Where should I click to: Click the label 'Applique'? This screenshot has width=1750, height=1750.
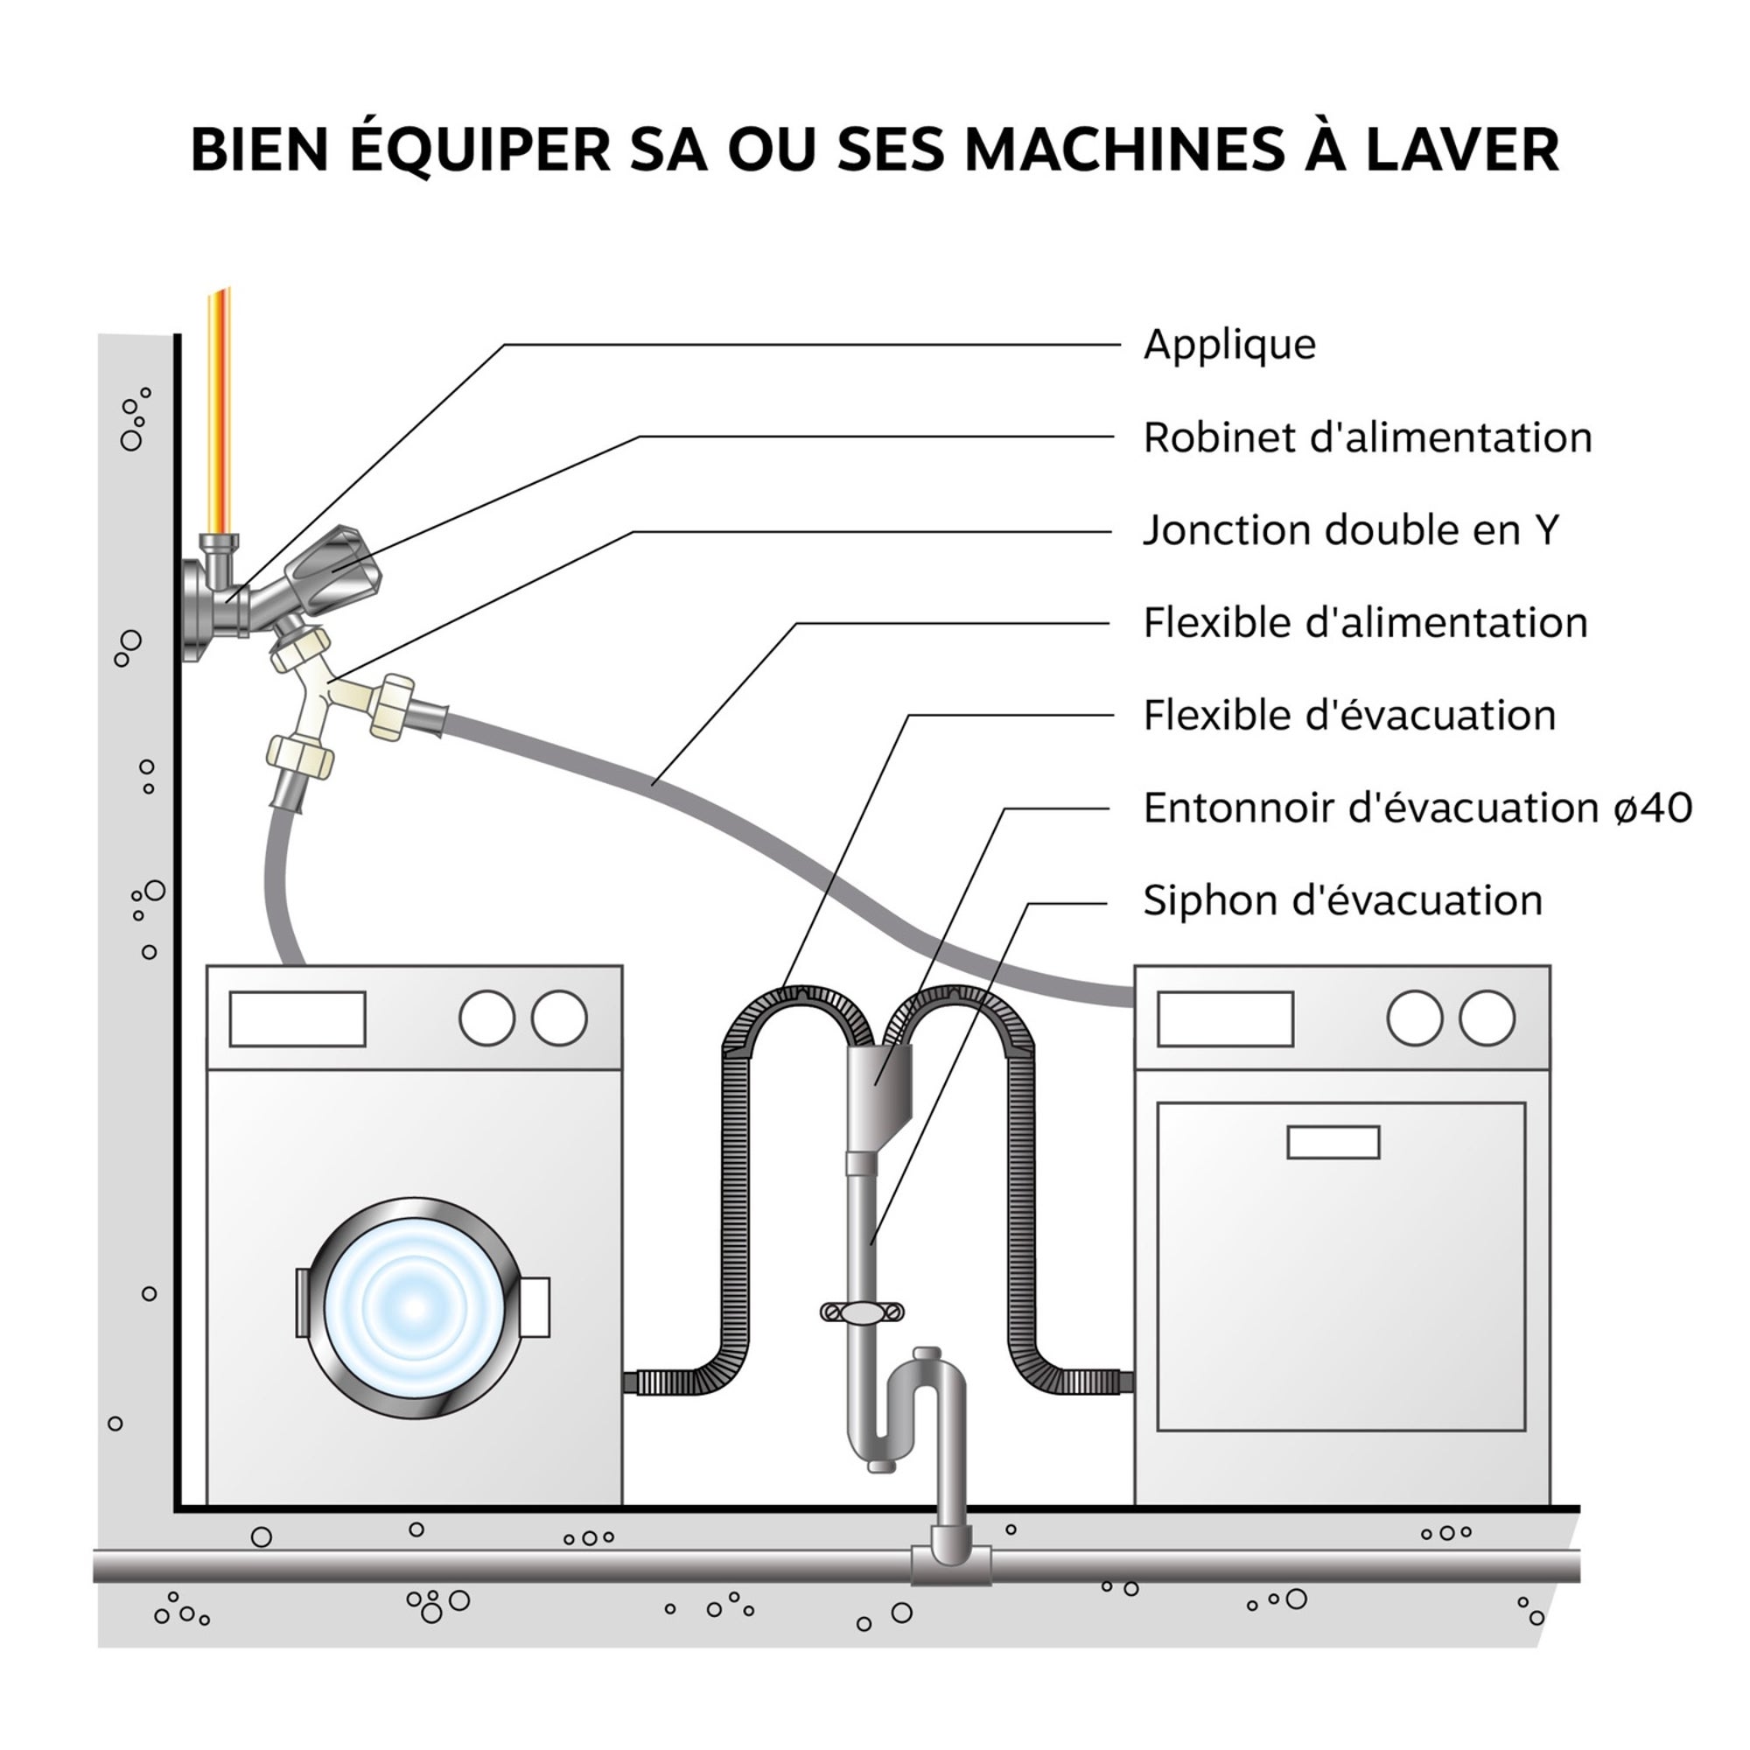[1228, 345]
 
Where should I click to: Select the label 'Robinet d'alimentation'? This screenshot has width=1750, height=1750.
[1366, 438]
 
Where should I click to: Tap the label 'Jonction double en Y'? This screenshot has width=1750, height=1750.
[1350, 531]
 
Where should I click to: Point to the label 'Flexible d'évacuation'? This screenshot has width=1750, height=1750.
[1348, 716]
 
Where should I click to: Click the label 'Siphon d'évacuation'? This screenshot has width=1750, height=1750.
[1341, 900]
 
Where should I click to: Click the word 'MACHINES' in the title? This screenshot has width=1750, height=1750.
[1124, 150]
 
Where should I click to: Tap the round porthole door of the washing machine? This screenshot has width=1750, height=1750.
[415, 1307]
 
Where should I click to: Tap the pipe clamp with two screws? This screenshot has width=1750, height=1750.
[861, 1311]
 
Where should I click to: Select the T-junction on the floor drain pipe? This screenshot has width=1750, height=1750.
[950, 1565]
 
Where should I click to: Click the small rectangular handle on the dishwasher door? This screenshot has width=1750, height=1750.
[1333, 1142]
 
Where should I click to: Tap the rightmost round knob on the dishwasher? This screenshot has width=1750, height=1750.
[1487, 1018]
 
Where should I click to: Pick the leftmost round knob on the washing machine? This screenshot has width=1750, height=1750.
[486, 1018]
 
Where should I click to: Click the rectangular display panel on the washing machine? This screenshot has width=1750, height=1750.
[297, 1019]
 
